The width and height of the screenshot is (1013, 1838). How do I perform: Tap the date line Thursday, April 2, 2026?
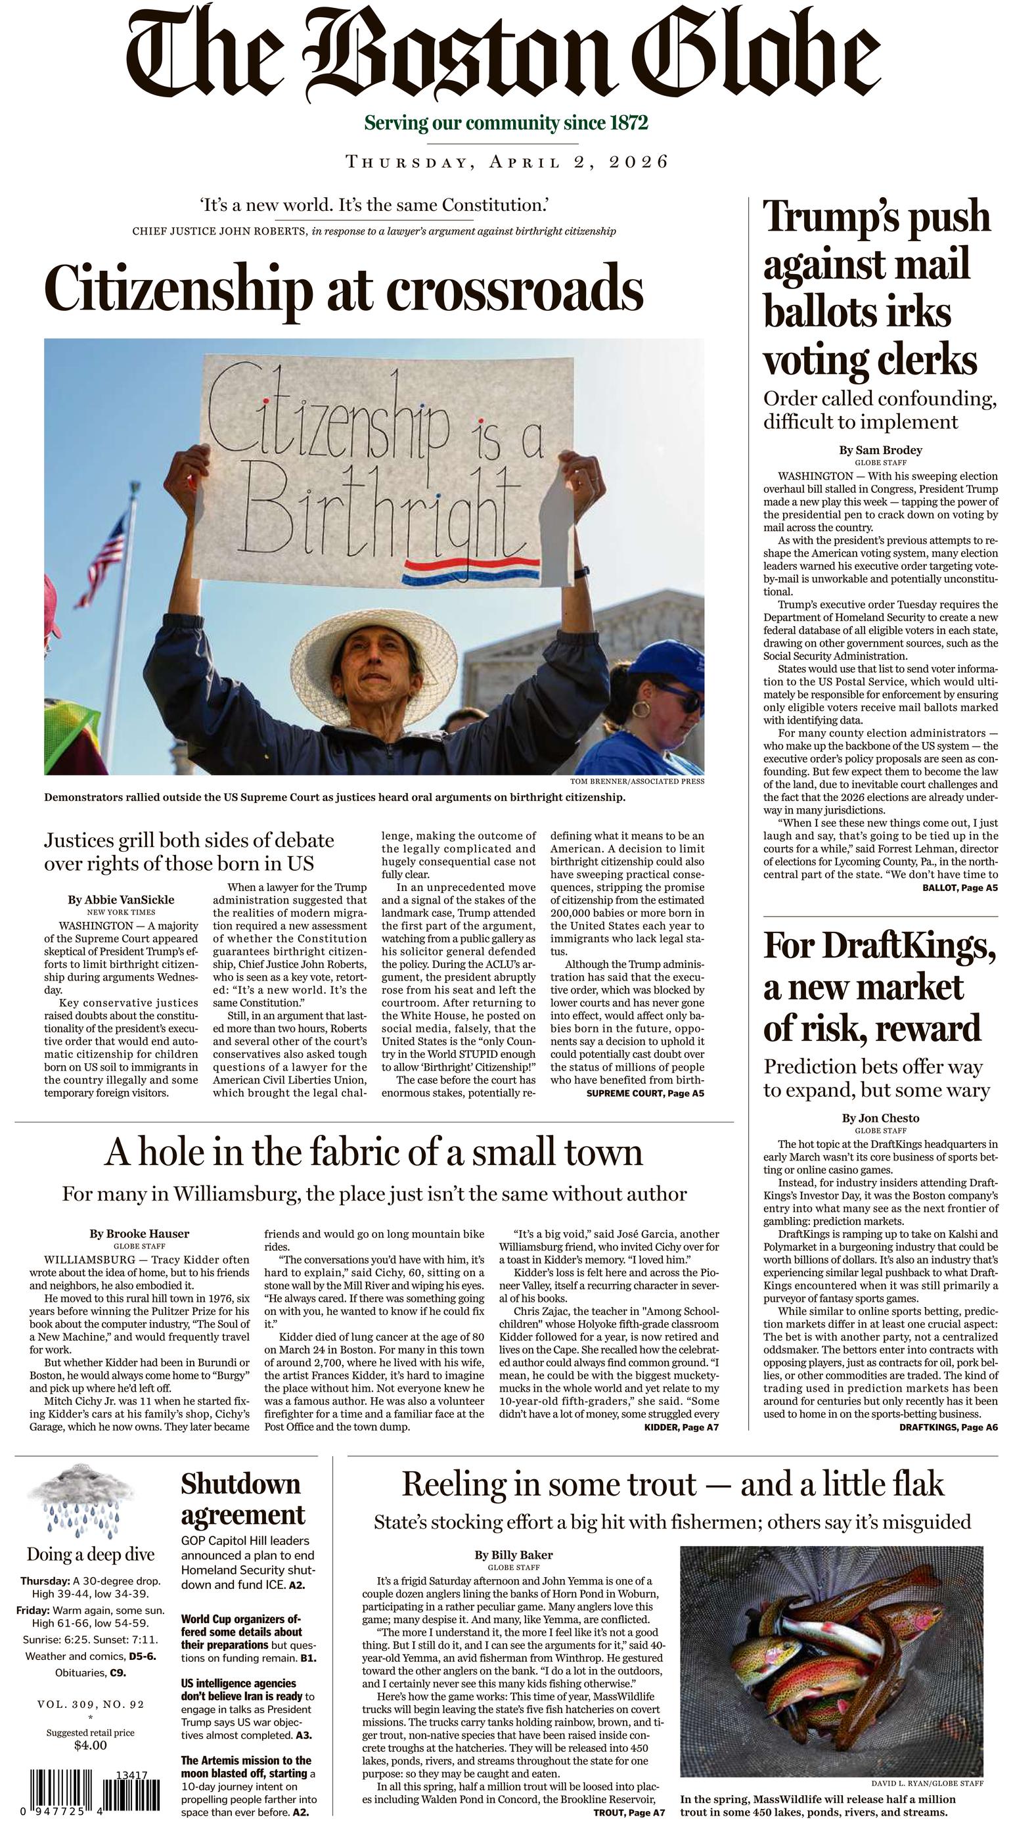coord(506,162)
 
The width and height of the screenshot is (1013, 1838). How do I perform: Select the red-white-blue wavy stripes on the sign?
coord(471,571)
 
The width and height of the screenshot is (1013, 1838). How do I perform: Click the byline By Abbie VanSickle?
coord(121,900)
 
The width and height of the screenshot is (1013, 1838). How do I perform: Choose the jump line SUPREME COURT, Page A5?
coord(645,1093)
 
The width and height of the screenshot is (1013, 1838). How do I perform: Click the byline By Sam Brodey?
coord(880,450)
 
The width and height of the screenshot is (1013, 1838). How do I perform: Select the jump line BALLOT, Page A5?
coord(960,888)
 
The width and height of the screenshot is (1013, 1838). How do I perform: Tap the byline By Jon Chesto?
coord(880,1118)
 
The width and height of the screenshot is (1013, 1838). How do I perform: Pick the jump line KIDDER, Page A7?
coord(681,1428)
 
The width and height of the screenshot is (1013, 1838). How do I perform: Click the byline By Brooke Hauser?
coord(139,1233)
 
